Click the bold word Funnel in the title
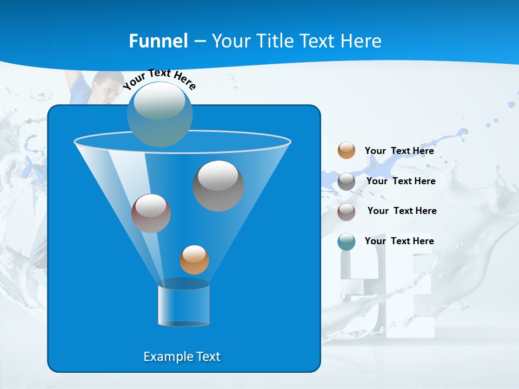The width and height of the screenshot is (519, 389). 158,41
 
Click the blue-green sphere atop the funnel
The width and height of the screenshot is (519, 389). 160,114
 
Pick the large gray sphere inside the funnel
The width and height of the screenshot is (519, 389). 218,186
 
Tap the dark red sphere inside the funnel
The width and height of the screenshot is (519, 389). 151,213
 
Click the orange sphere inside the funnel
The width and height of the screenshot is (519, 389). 194,260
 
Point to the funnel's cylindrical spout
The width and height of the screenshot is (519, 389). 184,305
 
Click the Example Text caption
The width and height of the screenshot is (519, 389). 182,357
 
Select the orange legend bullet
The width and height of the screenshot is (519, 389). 347,150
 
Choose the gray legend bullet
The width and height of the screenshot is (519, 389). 347,182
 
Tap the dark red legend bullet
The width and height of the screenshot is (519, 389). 347,212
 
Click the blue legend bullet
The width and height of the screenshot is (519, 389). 347,242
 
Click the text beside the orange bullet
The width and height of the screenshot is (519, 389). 399,151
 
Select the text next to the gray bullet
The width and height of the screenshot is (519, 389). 401,181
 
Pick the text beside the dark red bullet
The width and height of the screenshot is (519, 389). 402,211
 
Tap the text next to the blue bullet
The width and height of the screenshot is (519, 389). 399,241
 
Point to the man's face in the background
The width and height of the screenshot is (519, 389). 106,88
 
